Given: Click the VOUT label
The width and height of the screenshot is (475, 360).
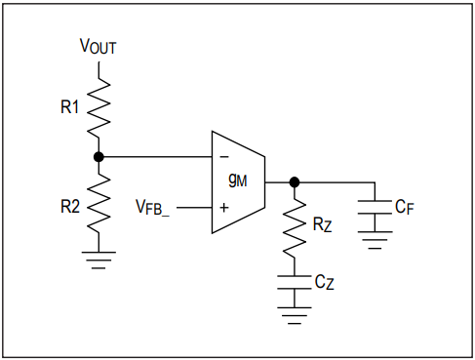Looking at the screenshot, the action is pos(98,46).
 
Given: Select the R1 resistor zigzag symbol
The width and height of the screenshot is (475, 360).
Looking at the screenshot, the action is pos(99,108).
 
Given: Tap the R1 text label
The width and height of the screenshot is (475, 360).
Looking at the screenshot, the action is pos(70,106).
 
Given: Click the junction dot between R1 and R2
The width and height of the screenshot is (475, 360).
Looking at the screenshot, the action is pos(99,157).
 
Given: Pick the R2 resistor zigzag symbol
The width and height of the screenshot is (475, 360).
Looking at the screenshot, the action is pos(99,203).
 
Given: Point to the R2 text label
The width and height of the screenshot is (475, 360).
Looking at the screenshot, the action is pos(70,206).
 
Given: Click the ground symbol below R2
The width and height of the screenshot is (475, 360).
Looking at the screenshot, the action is pos(99,260).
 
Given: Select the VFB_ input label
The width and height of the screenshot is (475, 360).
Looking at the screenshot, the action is pos(152,207).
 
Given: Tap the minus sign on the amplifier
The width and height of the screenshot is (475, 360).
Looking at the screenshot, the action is pos(224,157).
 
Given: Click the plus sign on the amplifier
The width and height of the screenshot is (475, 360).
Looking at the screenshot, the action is pos(224,208).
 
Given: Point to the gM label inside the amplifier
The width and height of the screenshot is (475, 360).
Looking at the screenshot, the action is pos(238,180).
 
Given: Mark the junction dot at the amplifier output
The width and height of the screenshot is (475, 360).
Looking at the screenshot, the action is pos(295,182).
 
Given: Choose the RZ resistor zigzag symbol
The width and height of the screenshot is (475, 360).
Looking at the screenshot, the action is pos(295,227).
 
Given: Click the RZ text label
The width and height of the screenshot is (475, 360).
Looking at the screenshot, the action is pos(322,224).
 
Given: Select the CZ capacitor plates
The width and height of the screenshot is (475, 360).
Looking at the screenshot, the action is pos(295,282).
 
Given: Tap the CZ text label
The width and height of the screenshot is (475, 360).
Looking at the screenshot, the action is pos(324,282).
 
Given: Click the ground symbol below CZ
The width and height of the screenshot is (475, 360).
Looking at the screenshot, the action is pos(295,315).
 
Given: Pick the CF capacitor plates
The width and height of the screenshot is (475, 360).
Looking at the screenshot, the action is pos(375,207).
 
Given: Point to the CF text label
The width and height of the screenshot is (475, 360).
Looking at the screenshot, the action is pos(405,207).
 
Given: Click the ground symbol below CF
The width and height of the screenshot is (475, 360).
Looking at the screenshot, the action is pos(375,240).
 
